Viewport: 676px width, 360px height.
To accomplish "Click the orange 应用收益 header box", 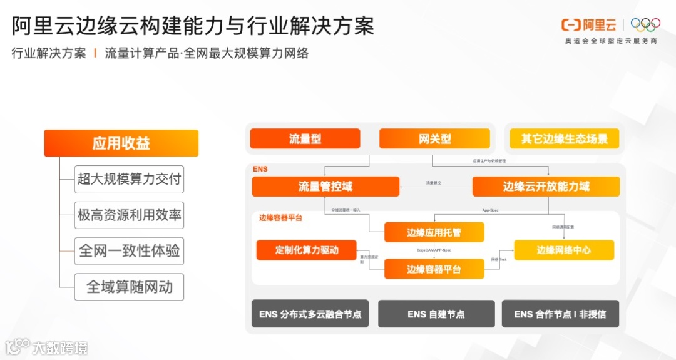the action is (x=121, y=143).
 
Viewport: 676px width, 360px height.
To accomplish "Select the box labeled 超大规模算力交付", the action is (x=130, y=180).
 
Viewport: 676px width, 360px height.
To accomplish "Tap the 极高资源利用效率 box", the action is (x=130, y=215).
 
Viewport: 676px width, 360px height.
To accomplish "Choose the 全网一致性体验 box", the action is (x=130, y=251).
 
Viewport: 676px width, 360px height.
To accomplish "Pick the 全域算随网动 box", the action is (x=130, y=287).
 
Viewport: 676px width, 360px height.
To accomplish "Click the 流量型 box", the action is (x=305, y=138).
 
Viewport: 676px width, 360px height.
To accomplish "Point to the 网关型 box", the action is (x=434, y=138).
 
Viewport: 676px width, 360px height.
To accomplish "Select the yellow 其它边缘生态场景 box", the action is (x=564, y=138).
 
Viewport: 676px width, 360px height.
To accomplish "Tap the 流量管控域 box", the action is (x=325, y=187).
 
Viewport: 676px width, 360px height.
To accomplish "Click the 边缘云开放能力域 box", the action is (x=546, y=187).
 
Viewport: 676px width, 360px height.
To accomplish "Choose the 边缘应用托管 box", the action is (x=434, y=232).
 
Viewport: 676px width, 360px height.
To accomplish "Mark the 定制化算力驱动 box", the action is (x=306, y=250).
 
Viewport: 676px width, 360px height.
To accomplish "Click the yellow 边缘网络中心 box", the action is (x=563, y=250).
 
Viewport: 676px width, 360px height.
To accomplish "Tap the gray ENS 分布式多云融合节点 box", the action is (x=310, y=314).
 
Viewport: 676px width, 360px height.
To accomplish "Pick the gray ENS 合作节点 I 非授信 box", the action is (x=560, y=314).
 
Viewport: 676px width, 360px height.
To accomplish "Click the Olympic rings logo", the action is (x=645, y=25).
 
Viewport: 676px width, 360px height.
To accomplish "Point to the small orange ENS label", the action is (x=260, y=169).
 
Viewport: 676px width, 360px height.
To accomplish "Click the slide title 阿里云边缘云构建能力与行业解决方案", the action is (x=193, y=26).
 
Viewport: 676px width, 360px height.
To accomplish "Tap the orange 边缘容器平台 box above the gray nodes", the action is (x=434, y=269).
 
